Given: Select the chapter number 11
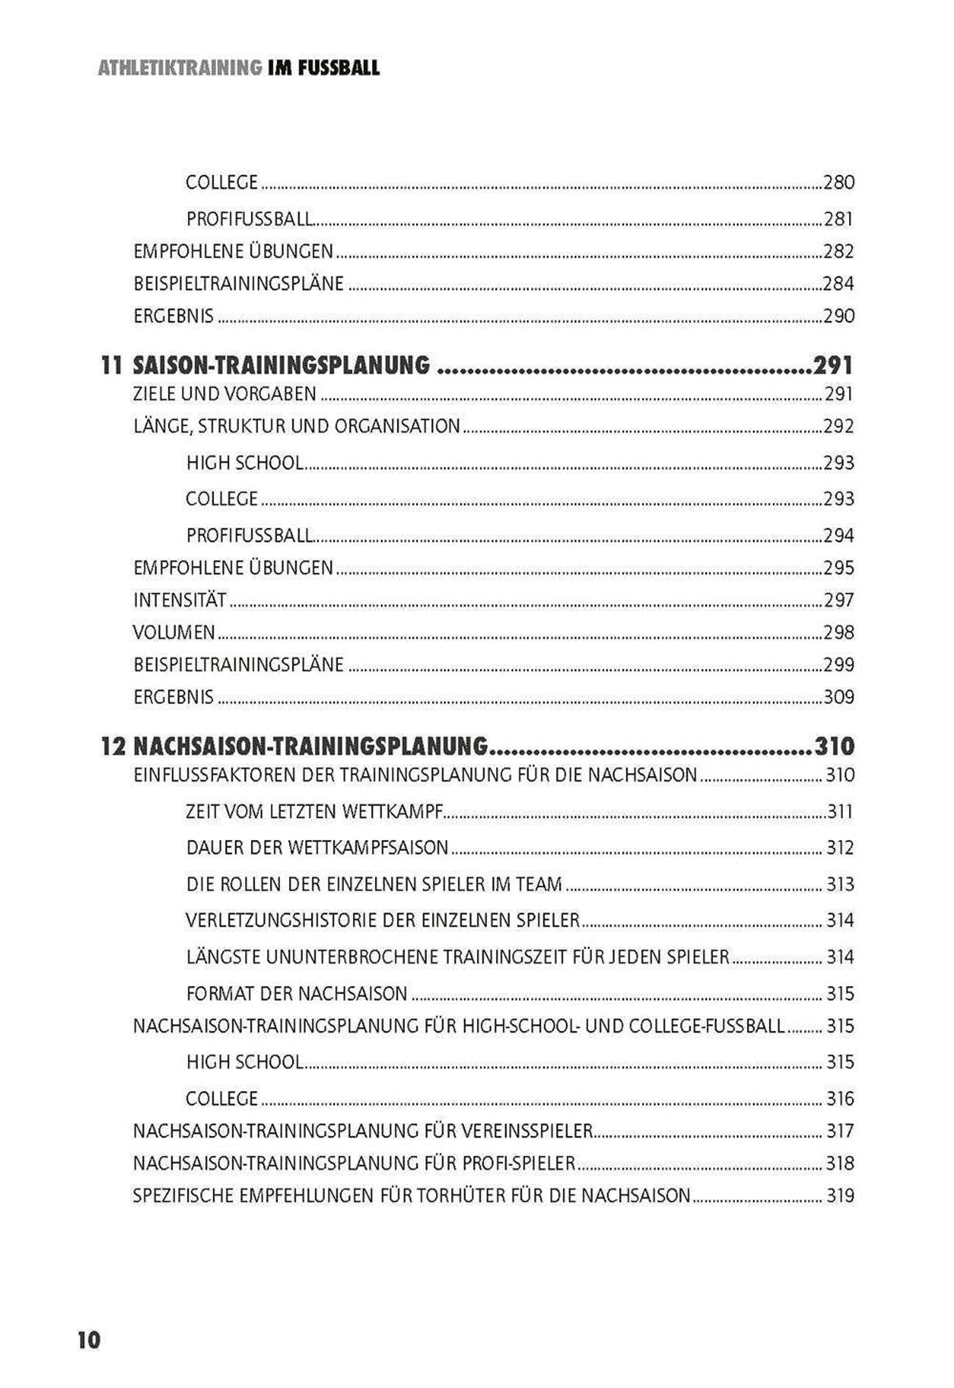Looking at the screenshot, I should coord(112,365).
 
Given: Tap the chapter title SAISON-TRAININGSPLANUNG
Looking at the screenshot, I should coord(281,365).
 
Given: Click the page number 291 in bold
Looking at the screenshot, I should coord(833,365).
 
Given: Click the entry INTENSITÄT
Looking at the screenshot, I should coord(180,600).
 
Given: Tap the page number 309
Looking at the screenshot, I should coord(839,697).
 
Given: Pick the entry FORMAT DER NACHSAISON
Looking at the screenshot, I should coord(297,994).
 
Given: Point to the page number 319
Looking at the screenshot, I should coord(840,1196).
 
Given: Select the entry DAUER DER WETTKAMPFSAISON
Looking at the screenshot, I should coord(317,848).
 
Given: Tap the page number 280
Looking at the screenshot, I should coord(839,182).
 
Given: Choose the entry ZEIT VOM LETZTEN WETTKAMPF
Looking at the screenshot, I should coord(314,811).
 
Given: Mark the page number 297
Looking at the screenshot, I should coord(839,600).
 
